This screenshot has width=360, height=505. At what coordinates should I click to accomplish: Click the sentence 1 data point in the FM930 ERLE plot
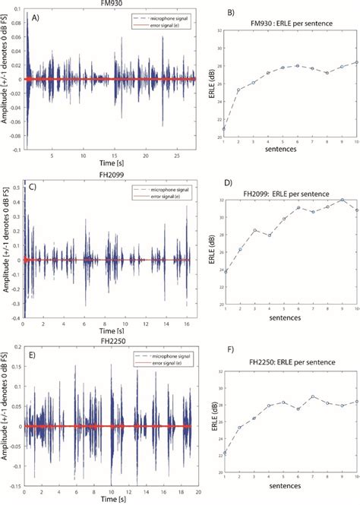(224, 128)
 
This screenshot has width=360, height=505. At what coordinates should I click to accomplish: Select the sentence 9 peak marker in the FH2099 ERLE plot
(343, 200)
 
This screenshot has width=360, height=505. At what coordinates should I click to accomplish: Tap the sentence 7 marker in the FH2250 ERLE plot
(312, 396)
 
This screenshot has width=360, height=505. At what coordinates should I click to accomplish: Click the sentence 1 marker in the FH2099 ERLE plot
(225, 292)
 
